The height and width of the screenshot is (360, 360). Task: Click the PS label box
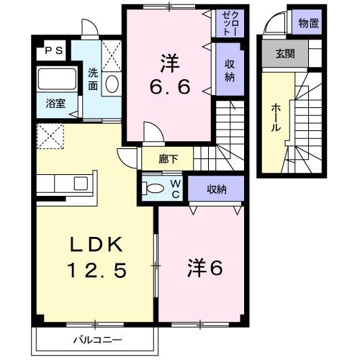(x=55, y=50)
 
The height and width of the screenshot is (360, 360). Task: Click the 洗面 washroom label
(x=94, y=78)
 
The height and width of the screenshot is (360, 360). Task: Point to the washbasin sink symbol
(x=112, y=84)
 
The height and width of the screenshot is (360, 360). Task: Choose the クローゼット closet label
(x=226, y=24)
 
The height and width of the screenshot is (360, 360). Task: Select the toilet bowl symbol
(x=156, y=189)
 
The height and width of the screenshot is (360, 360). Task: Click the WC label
(x=175, y=189)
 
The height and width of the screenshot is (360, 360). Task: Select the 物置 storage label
(x=309, y=24)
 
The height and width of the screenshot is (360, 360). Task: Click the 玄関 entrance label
(x=284, y=54)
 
